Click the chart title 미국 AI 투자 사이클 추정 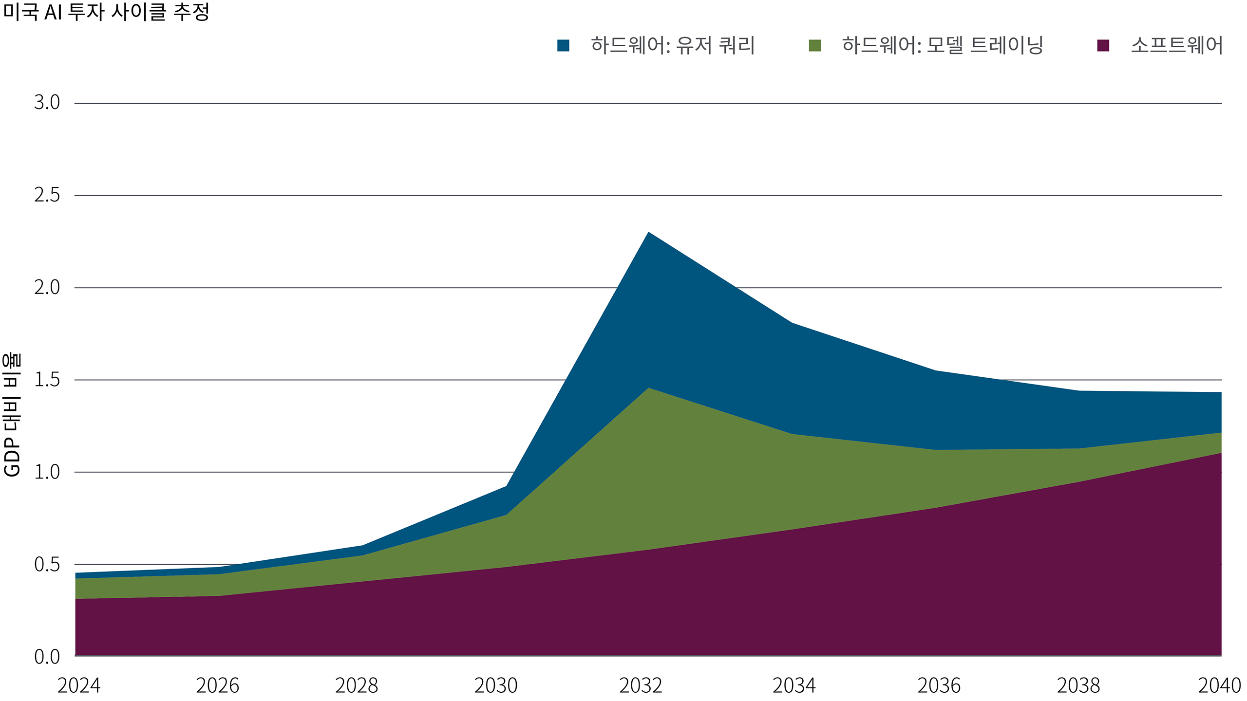[x=106, y=12]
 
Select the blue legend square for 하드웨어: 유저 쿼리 [x=563, y=46]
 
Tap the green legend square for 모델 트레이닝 [x=814, y=46]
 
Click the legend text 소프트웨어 [x=1176, y=45]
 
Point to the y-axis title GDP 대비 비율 [x=12, y=414]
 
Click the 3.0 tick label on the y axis [x=47, y=103]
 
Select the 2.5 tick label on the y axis [x=47, y=195]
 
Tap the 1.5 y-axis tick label [x=47, y=380]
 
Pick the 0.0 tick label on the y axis [x=47, y=657]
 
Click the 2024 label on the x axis [x=79, y=685]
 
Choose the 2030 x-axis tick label [x=496, y=685]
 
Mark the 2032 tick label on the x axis [x=641, y=685]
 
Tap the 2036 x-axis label [x=939, y=685]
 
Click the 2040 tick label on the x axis [x=1219, y=685]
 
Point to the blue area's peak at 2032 [x=648, y=233]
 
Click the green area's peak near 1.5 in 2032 [x=648, y=388]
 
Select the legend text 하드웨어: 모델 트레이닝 [x=943, y=45]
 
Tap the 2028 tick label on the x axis [x=357, y=685]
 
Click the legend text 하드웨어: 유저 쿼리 [x=673, y=45]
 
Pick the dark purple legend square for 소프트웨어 [x=1103, y=46]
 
